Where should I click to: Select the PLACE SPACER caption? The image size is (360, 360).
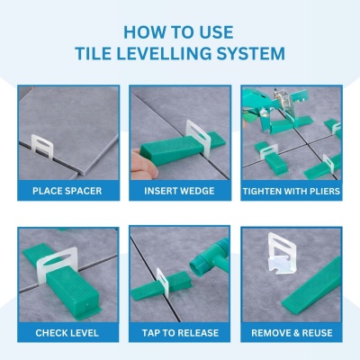(x=67, y=191)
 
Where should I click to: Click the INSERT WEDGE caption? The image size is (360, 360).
(x=179, y=191)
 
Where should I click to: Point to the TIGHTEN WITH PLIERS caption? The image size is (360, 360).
(x=292, y=192)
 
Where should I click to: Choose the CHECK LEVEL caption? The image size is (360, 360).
(x=67, y=333)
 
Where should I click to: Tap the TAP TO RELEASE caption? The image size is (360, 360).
(x=180, y=333)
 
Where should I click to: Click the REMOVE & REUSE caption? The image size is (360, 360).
(x=292, y=333)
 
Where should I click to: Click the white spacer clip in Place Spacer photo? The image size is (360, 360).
(x=42, y=147)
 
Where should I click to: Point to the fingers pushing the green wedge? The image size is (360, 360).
(x=144, y=165)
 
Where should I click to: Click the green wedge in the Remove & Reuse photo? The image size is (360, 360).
(x=311, y=284)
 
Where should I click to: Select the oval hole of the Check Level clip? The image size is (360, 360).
(x=57, y=260)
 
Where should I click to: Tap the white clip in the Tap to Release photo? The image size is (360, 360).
(x=162, y=282)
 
